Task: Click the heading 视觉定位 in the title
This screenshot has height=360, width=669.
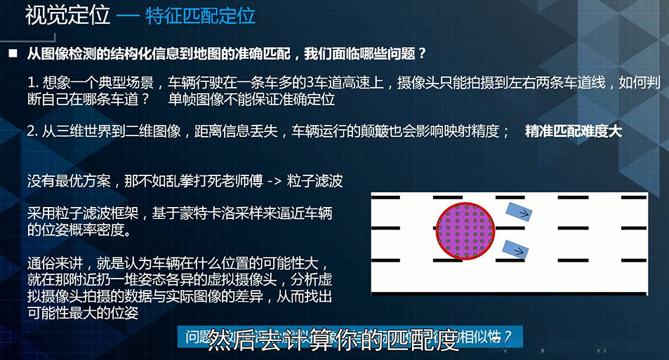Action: coord(68,15)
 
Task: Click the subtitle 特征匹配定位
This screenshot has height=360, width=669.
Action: coord(200,15)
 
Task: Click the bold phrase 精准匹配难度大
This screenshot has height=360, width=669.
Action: coord(573,131)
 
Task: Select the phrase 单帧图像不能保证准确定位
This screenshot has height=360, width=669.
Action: coord(252,99)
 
